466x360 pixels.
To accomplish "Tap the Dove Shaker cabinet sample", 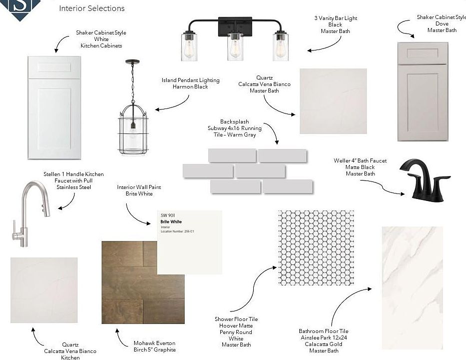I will [x=422, y=91].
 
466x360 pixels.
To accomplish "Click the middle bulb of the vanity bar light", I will [x=235, y=47].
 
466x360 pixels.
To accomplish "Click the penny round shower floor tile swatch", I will [x=315, y=248].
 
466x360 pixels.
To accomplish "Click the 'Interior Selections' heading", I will [x=92, y=8].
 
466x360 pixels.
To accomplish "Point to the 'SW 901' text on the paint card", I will [x=167, y=215].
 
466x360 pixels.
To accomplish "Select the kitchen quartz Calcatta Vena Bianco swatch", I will [x=44, y=290].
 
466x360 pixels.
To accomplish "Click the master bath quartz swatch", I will [x=333, y=101].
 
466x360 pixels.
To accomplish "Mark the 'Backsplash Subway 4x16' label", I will [x=241, y=128].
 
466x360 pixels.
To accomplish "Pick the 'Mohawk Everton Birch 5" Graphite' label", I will [x=155, y=346].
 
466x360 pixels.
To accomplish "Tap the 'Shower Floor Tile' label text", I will [x=236, y=319].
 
